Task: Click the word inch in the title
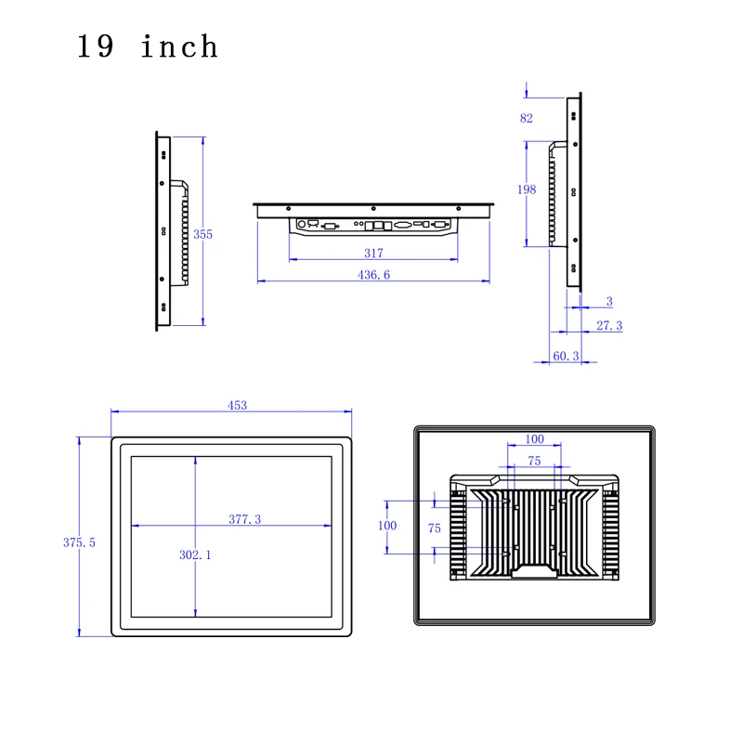click(x=179, y=46)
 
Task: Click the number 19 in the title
click(x=96, y=46)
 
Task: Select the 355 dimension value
click(x=202, y=234)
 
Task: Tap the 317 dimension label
click(x=373, y=253)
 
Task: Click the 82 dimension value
click(x=527, y=118)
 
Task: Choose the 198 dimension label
click(x=527, y=189)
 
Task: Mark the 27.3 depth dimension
click(x=609, y=325)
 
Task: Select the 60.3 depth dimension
click(x=567, y=356)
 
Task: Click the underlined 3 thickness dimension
click(x=609, y=301)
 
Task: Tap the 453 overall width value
click(x=238, y=405)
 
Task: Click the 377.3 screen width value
click(x=244, y=519)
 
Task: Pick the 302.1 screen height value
click(x=195, y=554)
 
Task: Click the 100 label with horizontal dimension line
click(x=534, y=438)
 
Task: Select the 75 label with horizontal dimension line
click(x=534, y=461)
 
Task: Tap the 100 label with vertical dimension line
click(x=386, y=526)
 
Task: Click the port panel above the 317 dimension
click(x=373, y=225)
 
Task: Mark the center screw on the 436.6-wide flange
click(x=373, y=207)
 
